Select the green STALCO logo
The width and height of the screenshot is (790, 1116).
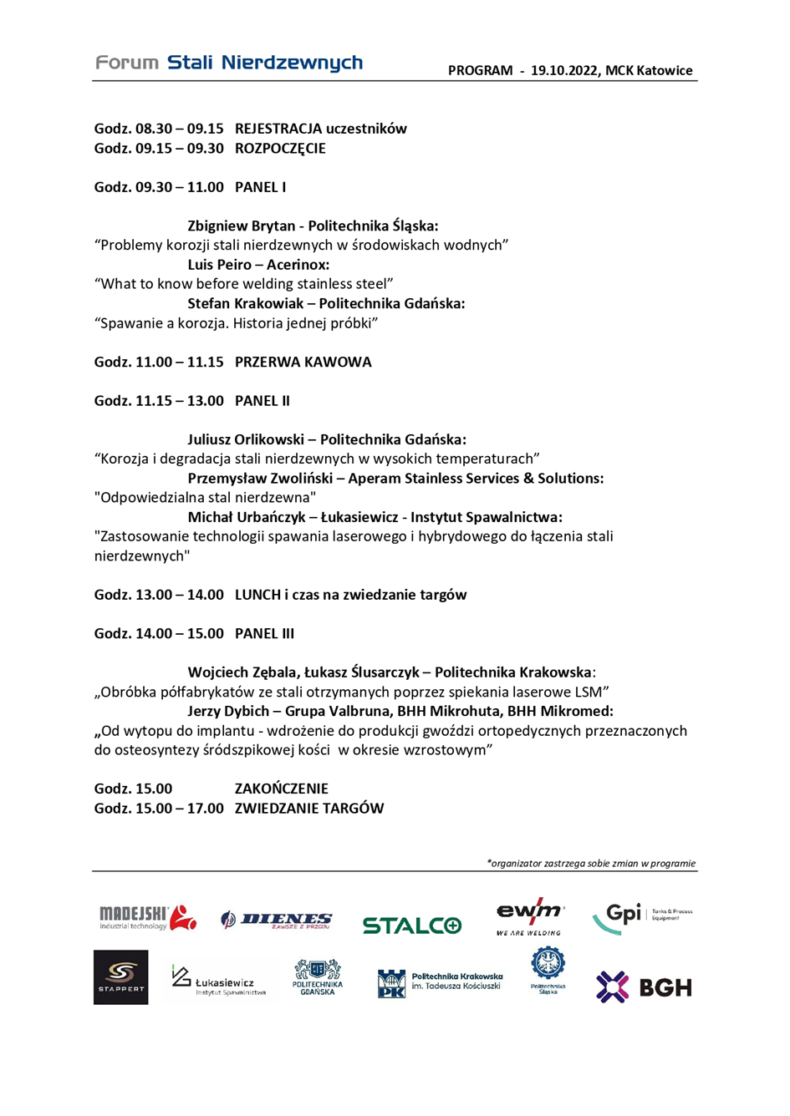411,925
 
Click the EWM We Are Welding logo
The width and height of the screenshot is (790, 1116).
529,917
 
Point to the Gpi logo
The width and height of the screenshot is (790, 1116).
641,916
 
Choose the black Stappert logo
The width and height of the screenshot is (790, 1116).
121,976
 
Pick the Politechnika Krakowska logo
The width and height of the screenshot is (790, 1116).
441,982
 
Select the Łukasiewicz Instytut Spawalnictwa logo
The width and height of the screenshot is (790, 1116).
219,981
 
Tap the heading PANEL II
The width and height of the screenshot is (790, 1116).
262,401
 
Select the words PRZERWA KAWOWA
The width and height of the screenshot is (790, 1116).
303,363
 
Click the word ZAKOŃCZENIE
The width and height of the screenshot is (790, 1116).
282,789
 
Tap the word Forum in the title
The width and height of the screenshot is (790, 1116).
127,63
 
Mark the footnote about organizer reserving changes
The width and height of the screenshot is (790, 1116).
591,864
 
